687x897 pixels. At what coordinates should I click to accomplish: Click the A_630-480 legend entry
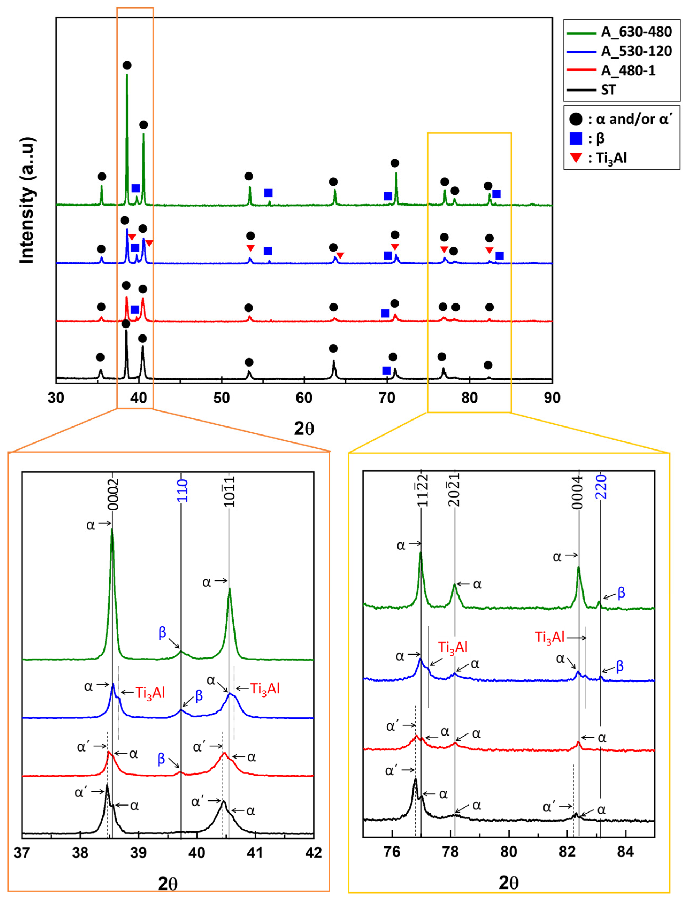click(636, 32)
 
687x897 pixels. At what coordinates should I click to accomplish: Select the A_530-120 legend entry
click(636, 51)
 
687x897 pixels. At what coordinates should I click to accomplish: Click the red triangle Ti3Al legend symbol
click(576, 157)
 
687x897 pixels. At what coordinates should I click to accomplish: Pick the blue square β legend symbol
click(576, 139)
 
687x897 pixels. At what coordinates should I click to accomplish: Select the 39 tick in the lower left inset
click(138, 853)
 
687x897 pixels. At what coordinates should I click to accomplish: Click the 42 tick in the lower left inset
click(314, 853)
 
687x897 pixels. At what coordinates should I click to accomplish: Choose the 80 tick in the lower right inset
click(509, 852)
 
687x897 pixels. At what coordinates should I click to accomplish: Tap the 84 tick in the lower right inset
click(625, 852)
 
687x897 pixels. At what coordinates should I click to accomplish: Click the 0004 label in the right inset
click(577, 492)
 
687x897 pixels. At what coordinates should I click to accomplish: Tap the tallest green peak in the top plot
click(127, 76)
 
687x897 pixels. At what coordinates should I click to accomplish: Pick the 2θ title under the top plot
click(304, 429)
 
